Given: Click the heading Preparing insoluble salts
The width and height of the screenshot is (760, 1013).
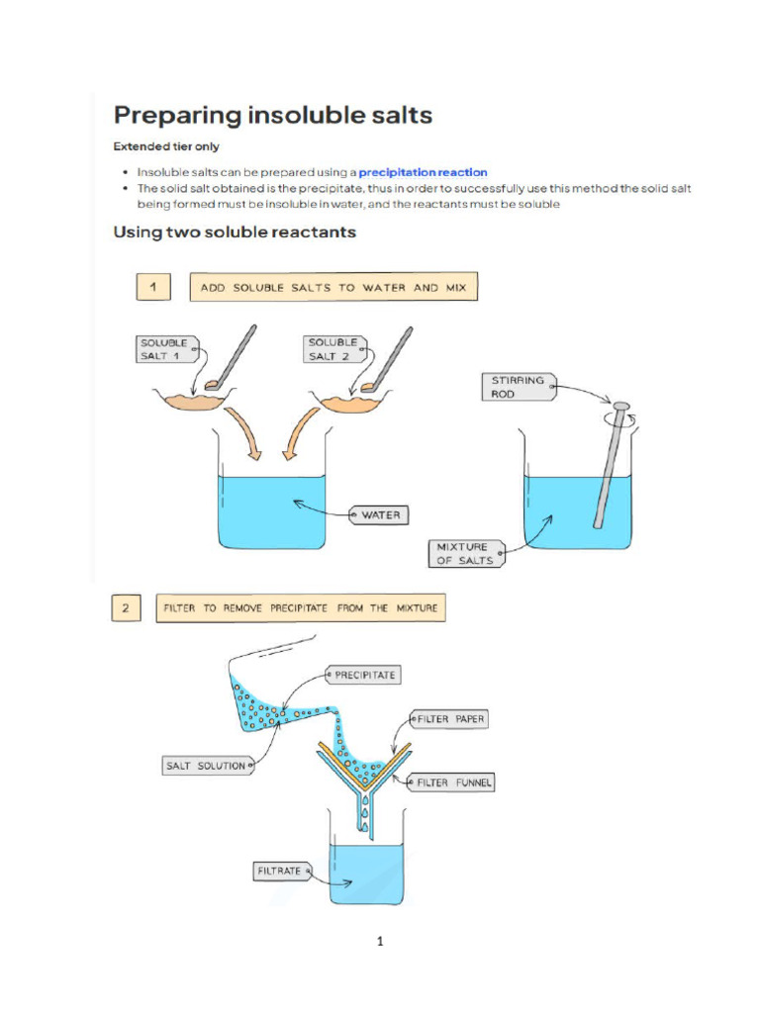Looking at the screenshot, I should pyautogui.click(x=273, y=116).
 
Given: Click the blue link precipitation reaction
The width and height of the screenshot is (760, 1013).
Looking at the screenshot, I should pyautogui.click(x=423, y=172).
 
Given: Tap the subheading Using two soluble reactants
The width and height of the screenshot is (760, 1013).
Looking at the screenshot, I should pyautogui.click(x=235, y=233).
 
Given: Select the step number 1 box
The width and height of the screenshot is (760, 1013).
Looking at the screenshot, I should pyautogui.click(x=152, y=288).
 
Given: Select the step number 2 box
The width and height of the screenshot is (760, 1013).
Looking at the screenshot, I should pyautogui.click(x=126, y=608).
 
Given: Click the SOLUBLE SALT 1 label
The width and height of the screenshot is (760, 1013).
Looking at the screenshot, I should pyautogui.click(x=162, y=349).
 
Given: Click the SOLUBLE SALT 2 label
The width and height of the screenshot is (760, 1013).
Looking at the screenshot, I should pyautogui.click(x=332, y=349).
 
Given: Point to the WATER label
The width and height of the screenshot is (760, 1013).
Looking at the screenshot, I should pyautogui.click(x=380, y=515).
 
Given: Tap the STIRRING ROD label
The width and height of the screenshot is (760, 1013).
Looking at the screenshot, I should pyautogui.click(x=517, y=386).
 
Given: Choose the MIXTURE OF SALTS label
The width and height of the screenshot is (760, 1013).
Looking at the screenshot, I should pyautogui.click(x=463, y=553).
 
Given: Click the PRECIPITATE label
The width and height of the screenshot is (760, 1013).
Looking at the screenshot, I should pyautogui.click(x=364, y=676).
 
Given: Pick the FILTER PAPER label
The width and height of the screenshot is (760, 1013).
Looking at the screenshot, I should pyautogui.click(x=450, y=720).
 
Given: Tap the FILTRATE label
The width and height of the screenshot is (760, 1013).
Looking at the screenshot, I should pyautogui.click(x=280, y=872).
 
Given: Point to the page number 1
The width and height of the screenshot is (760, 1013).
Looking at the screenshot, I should pyautogui.click(x=380, y=942).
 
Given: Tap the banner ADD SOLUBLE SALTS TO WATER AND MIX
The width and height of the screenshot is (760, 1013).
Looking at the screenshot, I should pyautogui.click(x=332, y=288).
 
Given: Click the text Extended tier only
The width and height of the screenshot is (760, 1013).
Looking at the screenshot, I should pyautogui.click(x=166, y=146).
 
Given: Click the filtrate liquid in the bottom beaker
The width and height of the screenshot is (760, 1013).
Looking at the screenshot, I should pyautogui.click(x=365, y=875).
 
